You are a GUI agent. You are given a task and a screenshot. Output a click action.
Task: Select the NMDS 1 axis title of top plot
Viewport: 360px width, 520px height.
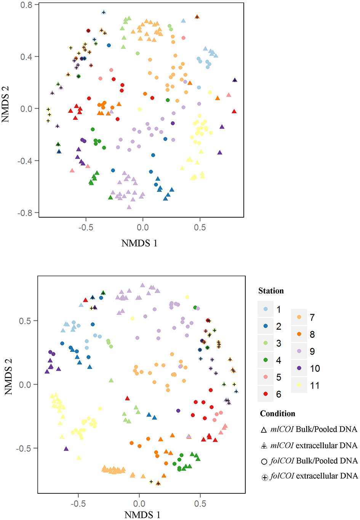point(139,243)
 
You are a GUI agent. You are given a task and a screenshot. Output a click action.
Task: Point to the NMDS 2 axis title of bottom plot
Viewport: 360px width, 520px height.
point(9,376)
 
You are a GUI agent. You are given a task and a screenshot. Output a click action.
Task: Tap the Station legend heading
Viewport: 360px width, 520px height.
point(271,291)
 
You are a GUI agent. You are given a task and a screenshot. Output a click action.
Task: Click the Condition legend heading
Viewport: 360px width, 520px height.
point(277,414)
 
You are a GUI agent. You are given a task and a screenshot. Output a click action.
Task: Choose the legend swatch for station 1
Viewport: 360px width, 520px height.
point(266,309)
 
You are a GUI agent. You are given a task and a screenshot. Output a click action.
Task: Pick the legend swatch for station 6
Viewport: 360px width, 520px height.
point(266,394)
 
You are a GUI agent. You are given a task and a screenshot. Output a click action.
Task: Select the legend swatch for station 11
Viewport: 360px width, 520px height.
point(299,385)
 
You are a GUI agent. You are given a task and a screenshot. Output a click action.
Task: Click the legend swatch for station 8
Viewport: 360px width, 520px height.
point(299,334)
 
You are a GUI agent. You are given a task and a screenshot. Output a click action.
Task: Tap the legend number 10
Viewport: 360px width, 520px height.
point(315,369)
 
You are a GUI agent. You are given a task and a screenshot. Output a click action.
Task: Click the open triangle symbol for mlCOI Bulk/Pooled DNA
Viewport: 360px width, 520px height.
point(264,430)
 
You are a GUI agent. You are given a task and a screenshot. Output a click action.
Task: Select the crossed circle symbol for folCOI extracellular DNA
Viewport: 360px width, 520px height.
point(265,477)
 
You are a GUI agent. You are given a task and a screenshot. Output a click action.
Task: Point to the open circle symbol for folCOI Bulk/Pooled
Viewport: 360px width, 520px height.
point(264,462)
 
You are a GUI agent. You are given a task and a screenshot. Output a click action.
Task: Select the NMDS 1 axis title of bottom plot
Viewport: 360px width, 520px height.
point(142,515)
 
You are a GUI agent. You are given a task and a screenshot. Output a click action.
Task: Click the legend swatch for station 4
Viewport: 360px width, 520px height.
point(266,360)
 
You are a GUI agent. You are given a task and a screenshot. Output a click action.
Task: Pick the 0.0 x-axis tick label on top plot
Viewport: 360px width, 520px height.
point(143,228)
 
